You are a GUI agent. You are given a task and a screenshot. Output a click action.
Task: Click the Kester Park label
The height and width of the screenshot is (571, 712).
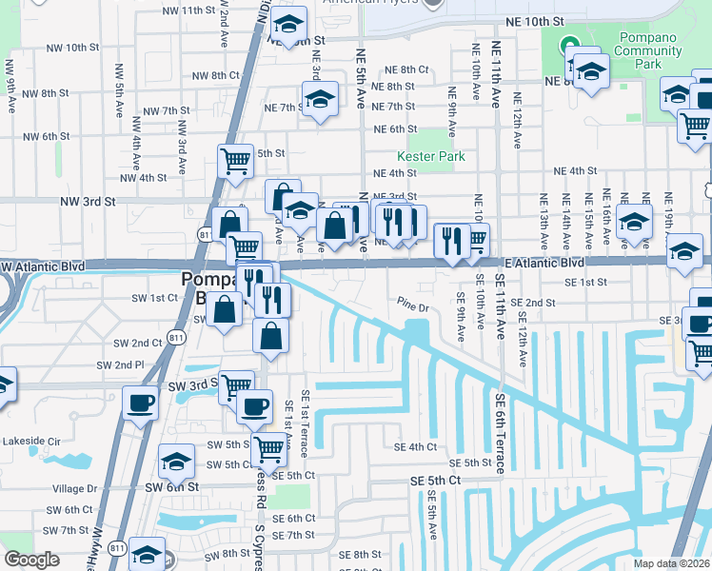pyautogui.click(x=424, y=155)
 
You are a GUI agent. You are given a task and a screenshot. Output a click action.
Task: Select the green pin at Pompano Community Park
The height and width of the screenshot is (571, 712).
pyautogui.click(x=569, y=44)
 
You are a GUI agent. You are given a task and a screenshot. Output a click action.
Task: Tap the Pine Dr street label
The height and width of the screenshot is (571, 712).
pyautogui.click(x=414, y=306)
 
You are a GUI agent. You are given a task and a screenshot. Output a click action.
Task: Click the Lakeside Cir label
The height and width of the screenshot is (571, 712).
pyautogui.click(x=30, y=441)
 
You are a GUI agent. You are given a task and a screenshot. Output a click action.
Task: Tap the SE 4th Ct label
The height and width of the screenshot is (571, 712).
pyautogui.click(x=415, y=446)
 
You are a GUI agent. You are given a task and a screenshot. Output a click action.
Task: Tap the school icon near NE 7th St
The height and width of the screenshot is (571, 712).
pyautogui.click(x=321, y=98)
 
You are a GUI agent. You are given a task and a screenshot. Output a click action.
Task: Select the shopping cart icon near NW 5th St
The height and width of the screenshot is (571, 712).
pyautogui.click(x=235, y=159)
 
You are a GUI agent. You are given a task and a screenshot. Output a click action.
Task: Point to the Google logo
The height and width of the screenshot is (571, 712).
pyautogui.click(x=31, y=560)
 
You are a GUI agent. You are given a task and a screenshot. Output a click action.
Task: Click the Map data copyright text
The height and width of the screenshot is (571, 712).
pyautogui.click(x=671, y=563)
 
